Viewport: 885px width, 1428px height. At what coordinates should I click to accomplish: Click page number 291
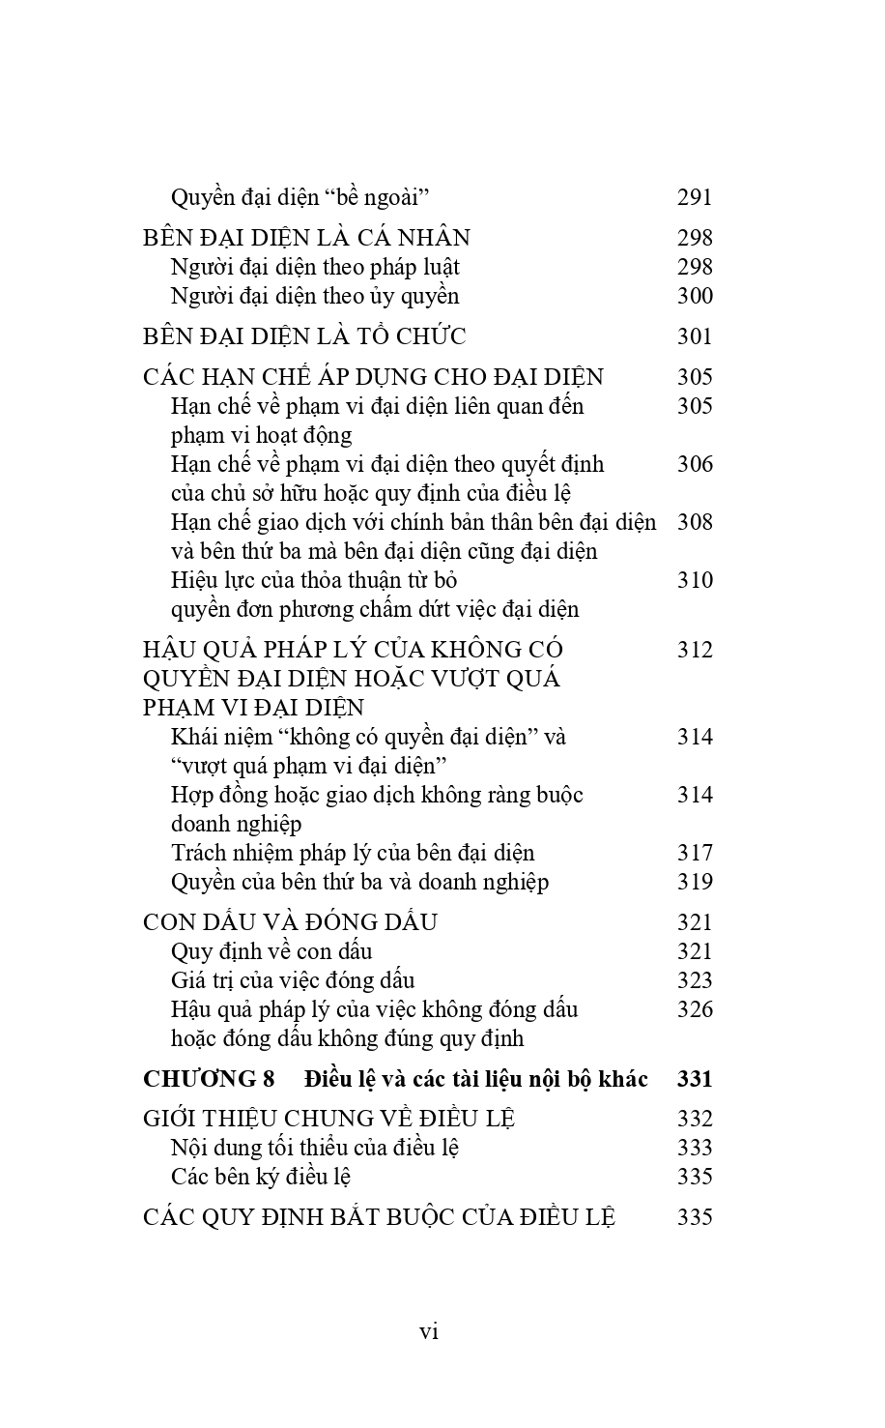click(x=695, y=197)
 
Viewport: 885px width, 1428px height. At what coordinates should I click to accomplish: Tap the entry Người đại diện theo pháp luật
click(x=315, y=267)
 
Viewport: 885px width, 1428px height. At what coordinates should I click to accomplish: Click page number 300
click(x=695, y=296)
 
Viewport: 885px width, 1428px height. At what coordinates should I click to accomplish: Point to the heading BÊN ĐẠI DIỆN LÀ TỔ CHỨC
click(x=304, y=336)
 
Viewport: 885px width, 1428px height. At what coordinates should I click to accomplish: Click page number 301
click(x=695, y=336)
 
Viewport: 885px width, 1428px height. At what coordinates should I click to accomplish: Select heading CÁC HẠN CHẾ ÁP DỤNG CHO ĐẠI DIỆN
click(x=373, y=377)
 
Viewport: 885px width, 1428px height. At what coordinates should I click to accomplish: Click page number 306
click(x=695, y=464)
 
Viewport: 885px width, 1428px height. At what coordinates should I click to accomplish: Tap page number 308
click(x=695, y=522)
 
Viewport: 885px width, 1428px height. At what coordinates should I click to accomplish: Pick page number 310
click(x=695, y=580)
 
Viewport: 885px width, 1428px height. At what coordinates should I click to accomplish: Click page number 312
click(x=695, y=650)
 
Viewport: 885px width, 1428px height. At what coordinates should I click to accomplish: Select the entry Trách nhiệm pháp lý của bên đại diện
click(x=353, y=853)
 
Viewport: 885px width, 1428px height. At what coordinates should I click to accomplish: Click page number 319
click(x=695, y=882)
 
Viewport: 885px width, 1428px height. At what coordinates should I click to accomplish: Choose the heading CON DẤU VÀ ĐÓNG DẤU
click(x=290, y=922)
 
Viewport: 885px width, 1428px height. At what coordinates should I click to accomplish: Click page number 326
click(x=695, y=1009)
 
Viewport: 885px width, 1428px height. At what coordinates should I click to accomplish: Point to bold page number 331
click(x=695, y=1079)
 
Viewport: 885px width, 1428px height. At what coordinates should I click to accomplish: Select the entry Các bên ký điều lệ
click(x=260, y=1177)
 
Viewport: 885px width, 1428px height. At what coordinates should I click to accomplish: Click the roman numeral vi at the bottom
click(x=430, y=1331)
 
